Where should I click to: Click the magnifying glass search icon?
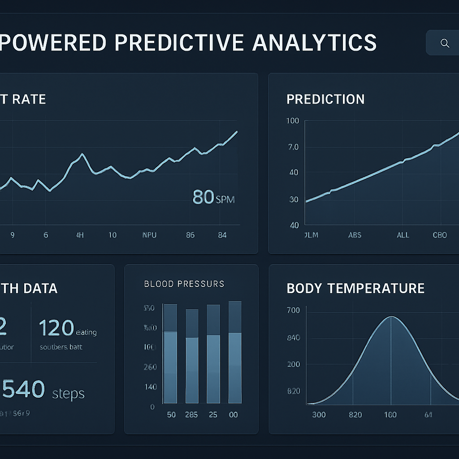coord(445,43)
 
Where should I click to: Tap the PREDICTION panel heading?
coord(325,99)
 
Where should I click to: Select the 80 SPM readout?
coord(213,197)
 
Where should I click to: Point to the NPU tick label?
coord(149,235)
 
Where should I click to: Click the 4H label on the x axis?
coord(80,235)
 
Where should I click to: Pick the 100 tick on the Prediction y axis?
coord(292,121)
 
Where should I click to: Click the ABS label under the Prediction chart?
coord(354,235)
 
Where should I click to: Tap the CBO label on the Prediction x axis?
coord(440,235)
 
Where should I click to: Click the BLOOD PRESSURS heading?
coord(184,284)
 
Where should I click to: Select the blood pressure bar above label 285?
coord(192,356)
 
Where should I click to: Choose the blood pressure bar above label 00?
coord(235,352)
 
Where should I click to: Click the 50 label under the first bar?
coord(171,415)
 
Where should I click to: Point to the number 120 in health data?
coord(56,328)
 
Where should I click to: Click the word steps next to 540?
coord(68,394)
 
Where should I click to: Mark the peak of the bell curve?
coord(391,317)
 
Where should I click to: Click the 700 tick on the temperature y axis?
coord(293,310)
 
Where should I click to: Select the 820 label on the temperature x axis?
coord(355,415)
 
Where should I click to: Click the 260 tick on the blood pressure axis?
coord(150,367)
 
